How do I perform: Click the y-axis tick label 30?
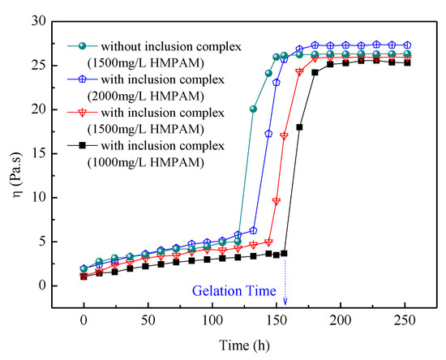coord(42,21)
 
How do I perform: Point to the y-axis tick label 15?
coord(42,153)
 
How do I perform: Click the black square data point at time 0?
coord(84,276)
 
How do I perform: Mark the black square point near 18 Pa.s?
coord(299,127)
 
